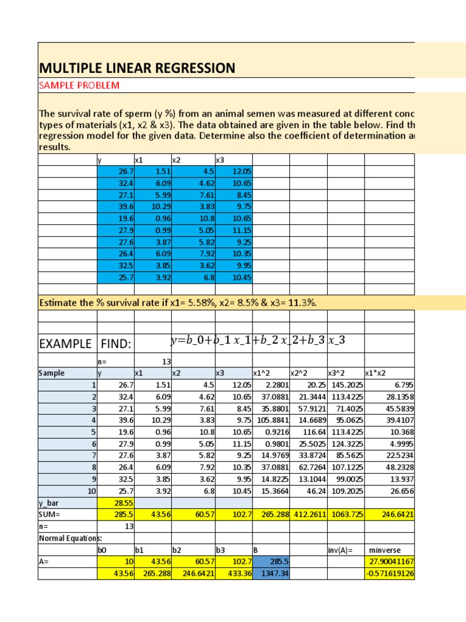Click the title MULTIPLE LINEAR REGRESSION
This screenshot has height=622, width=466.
(137, 68)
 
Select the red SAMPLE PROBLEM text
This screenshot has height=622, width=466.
(79, 85)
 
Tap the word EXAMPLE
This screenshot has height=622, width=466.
(65, 344)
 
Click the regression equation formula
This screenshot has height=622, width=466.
(258, 341)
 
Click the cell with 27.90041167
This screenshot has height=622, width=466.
(390, 561)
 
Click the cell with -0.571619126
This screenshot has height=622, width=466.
(390, 573)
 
